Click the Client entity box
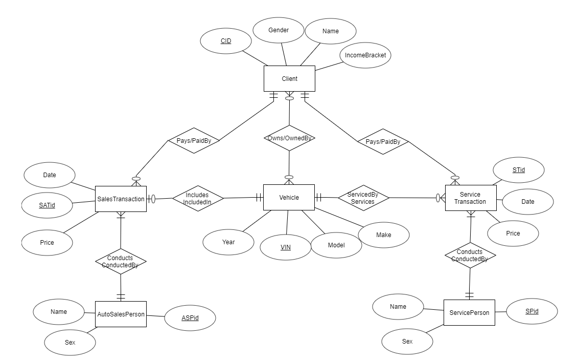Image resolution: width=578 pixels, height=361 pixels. point(289,79)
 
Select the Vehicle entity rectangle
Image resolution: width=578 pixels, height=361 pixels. point(289,197)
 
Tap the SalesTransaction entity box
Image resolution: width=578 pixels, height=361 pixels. point(121,199)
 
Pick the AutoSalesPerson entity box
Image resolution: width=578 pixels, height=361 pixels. point(121,314)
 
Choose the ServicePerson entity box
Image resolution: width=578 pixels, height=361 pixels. point(469,312)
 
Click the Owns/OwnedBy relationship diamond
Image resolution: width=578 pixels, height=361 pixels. point(289,138)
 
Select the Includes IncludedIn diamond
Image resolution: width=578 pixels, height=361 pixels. point(198,198)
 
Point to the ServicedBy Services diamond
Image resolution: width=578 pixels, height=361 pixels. point(363,198)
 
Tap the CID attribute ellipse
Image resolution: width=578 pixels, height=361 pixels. point(226,40)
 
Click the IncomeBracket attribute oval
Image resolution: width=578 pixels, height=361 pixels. point(365,55)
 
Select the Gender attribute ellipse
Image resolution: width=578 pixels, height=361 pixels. point(279,30)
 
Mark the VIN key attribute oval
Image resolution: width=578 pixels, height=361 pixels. point(285,247)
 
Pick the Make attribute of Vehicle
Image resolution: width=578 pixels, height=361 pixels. point(383,235)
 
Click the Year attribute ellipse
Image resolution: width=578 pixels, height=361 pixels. point(228,242)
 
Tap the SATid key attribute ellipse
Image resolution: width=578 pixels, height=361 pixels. point(47,205)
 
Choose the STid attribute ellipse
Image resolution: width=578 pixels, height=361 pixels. point(518,169)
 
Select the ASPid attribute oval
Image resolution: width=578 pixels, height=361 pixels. point(190,318)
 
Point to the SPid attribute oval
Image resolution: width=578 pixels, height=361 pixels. point(531,311)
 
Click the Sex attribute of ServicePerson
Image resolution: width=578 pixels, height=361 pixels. point(407,341)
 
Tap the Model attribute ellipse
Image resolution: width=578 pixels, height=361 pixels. point(336,245)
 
